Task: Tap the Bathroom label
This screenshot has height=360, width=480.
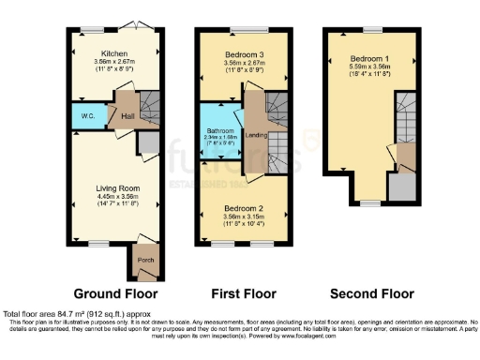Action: tap(221, 131)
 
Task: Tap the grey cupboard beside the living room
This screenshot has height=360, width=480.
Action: tap(148, 142)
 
